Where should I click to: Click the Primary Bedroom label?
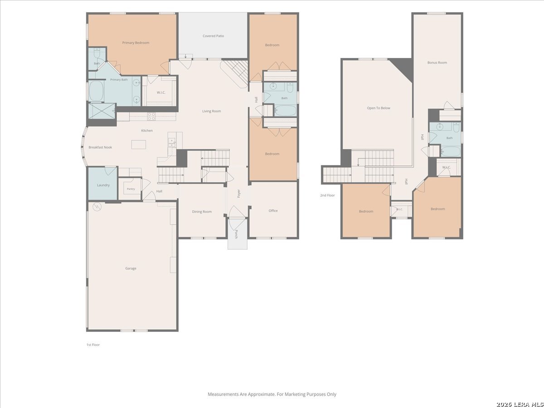tap(136, 43)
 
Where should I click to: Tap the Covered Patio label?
tap(213, 36)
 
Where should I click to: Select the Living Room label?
tap(211, 111)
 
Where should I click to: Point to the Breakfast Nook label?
tap(100, 147)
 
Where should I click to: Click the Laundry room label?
tap(103, 185)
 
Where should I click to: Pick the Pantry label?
tap(131, 189)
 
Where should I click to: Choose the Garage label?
tap(131, 268)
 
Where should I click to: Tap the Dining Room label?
tap(202, 212)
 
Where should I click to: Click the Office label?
tap(273, 210)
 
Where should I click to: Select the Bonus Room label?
tap(437, 63)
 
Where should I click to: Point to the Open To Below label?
tap(379, 108)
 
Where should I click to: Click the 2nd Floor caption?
tap(327, 195)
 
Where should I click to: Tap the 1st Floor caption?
tap(93, 345)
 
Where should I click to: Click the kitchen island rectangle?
tap(139, 145)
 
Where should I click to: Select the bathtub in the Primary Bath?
tap(96, 91)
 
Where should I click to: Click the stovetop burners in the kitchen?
tap(151, 117)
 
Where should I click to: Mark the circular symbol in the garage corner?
tap(97, 207)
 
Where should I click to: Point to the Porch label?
tap(236, 234)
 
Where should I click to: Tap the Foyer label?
tap(238, 194)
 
